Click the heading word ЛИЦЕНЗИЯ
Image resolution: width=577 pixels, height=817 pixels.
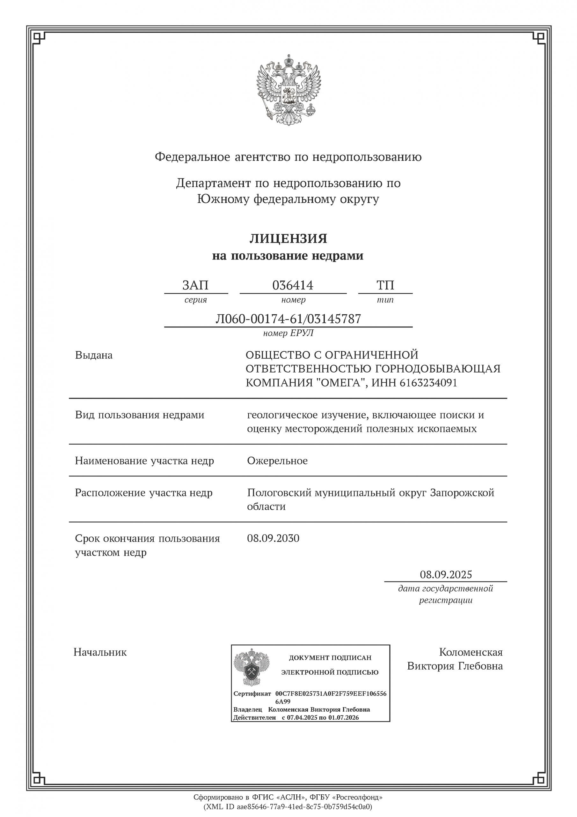pos(288,238)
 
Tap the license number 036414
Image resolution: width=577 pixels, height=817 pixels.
pos(293,285)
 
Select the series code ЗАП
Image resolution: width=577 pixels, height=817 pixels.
pos(195,285)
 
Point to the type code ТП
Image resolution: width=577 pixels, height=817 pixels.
pos(385,285)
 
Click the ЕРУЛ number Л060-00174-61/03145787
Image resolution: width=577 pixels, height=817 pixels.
pos(288,319)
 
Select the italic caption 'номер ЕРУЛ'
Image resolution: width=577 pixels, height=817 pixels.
pos(288,333)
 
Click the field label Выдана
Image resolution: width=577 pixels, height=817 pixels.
pos(94,355)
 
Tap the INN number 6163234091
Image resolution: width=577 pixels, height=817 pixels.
pos(428,383)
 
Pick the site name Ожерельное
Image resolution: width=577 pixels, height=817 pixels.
pos(277,461)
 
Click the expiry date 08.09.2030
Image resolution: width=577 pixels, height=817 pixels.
pos(273,538)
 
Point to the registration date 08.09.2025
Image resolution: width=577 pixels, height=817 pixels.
pos(446,575)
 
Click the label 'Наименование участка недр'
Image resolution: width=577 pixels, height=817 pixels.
pos(144,461)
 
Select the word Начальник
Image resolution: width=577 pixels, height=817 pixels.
pos(100,652)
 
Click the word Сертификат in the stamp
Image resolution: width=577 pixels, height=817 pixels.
pos(252,693)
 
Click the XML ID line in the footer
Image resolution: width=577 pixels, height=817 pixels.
pos(288,807)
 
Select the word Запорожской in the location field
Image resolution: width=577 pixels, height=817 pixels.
pos(462,493)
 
